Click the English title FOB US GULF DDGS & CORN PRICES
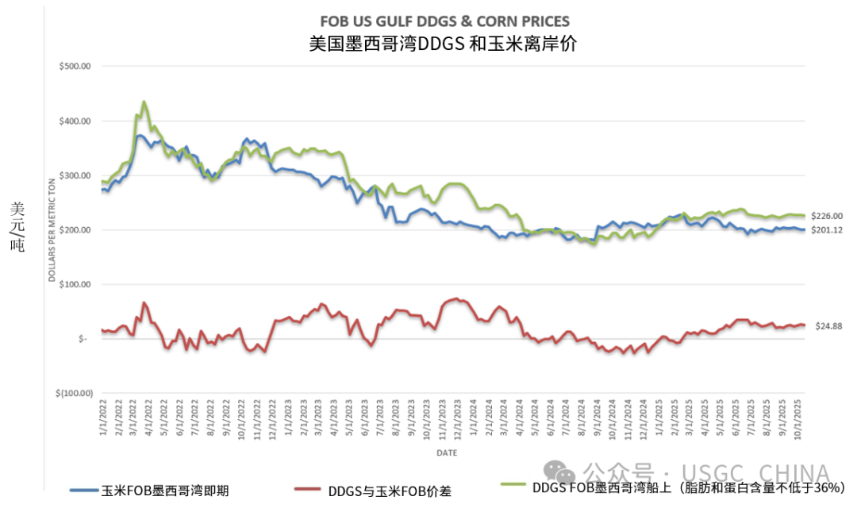pos(444,21)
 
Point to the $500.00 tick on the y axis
pos(75,67)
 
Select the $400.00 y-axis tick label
pos(75,121)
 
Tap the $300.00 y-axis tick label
pos(75,175)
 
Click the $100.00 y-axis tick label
pos(75,284)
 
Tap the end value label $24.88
pos(828,325)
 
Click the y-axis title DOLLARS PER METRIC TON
pos(52,230)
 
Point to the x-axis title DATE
pos(445,452)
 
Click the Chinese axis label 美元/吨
pos(17,227)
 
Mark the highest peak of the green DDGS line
pos(144,102)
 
